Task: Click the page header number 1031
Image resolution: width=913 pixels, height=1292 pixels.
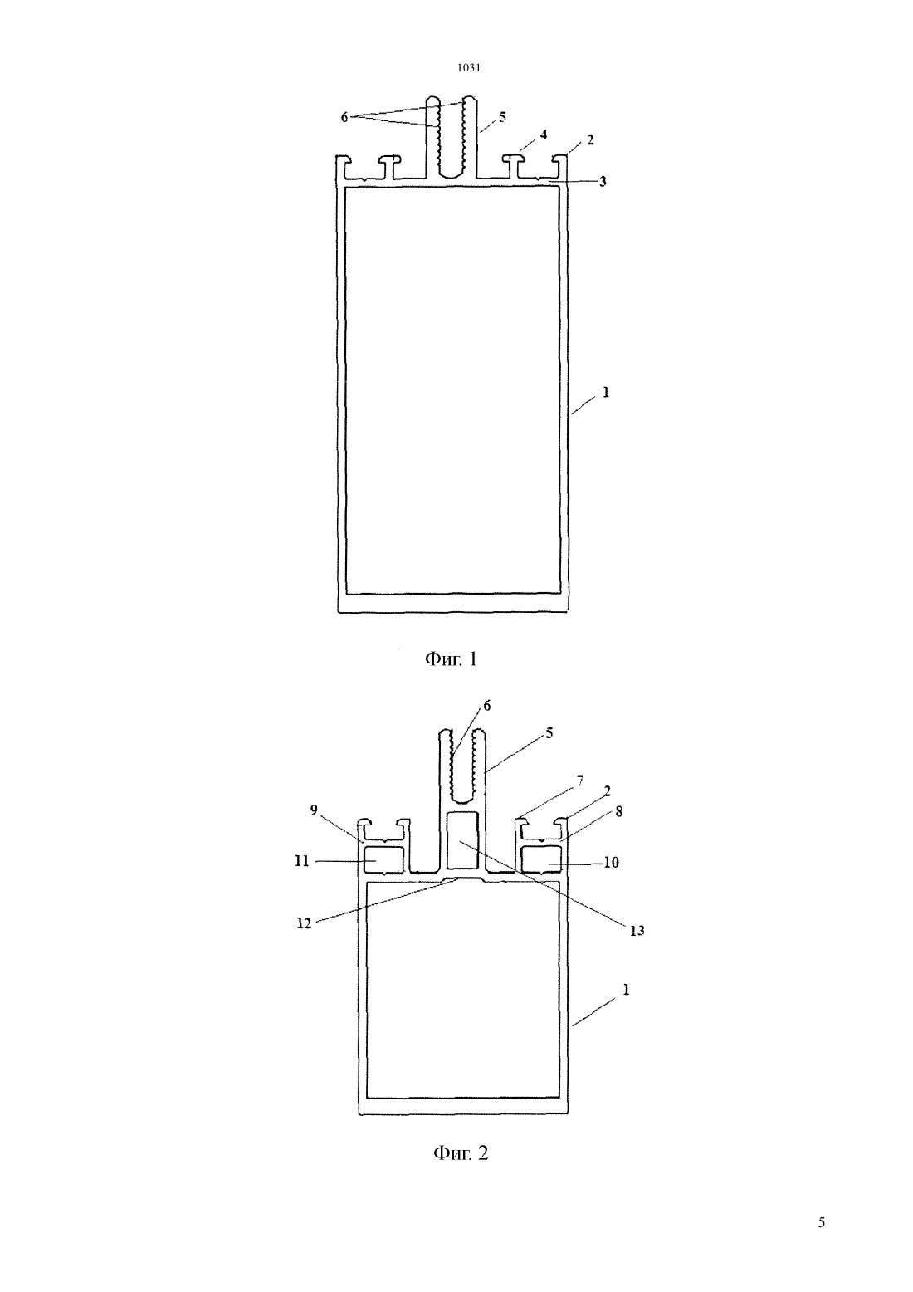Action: click(x=468, y=67)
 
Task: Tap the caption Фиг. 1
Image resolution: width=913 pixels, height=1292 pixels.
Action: click(x=451, y=658)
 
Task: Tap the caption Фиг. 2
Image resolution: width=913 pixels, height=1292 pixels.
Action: click(x=461, y=1153)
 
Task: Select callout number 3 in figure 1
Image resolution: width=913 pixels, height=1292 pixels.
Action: click(x=603, y=181)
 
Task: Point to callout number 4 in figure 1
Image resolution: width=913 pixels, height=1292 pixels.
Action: click(x=544, y=135)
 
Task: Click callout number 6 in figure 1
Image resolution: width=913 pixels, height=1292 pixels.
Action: click(x=344, y=117)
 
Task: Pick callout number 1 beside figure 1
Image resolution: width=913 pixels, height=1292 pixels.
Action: click(x=606, y=392)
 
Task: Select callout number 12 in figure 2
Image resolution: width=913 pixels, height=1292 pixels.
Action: click(x=304, y=923)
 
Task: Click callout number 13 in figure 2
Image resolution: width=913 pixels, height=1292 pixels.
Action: click(x=637, y=930)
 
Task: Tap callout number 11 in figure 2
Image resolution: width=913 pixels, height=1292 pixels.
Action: click(x=302, y=861)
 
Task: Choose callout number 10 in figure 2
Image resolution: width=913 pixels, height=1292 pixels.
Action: click(x=611, y=862)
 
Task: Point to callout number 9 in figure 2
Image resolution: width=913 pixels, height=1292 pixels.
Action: click(x=314, y=810)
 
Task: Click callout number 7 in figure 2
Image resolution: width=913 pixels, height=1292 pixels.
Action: click(x=580, y=781)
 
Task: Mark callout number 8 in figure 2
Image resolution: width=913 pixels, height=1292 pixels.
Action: click(x=618, y=811)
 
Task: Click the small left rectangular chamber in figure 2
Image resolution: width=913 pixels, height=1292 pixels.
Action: click(x=384, y=859)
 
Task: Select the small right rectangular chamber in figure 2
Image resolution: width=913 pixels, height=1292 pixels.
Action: click(x=542, y=859)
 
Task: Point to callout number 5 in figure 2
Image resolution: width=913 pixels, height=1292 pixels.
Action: click(x=549, y=733)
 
